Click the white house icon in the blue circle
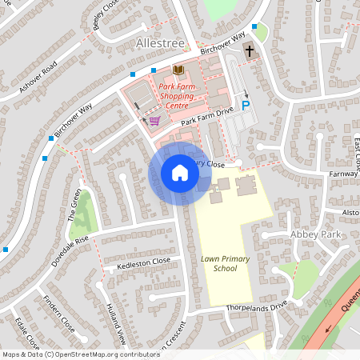click(x=180, y=173)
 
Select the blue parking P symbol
click(x=246, y=105)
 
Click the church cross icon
click(x=249, y=50)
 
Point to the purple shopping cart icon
click(x=154, y=121)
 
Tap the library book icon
click(x=177, y=70)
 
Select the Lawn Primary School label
click(x=214, y=263)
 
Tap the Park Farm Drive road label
click(x=206, y=116)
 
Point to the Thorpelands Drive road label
click(x=257, y=305)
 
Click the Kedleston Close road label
click(x=144, y=262)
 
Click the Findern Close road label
click(x=60, y=317)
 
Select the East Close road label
click(x=355, y=155)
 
